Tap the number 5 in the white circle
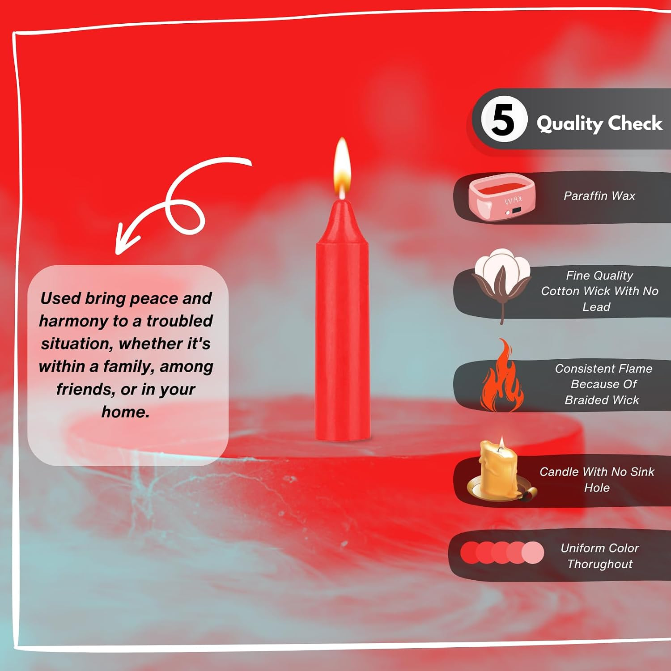click(503, 119)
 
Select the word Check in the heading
click(635, 123)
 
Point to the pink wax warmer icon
click(502, 197)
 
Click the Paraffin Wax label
click(599, 196)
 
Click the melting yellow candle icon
click(501, 470)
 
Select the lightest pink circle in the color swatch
click(532, 552)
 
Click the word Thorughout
click(600, 564)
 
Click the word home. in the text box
click(125, 412)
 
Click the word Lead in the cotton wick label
click(596, 307)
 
